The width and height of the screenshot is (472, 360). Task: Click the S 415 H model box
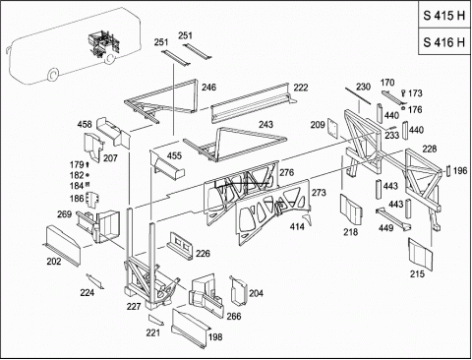coord(444,15)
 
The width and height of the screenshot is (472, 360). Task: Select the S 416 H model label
coord(444,42)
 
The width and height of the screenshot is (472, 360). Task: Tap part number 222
coord(301,88)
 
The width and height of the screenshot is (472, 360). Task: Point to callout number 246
coord(208,87)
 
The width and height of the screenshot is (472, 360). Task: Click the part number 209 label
coord(318,125)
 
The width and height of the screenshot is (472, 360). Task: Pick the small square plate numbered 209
coord(333,129)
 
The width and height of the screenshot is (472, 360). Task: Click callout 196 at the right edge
coord(460,170)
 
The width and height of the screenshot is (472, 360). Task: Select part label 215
coord(417,273)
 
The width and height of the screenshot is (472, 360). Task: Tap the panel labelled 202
coord(62,245)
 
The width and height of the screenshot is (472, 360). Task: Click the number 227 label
coord(134,306)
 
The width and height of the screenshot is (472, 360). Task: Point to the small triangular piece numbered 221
coord(155,320)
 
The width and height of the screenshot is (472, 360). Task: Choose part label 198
coord(215,336)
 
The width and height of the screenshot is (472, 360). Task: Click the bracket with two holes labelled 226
coord(180,246)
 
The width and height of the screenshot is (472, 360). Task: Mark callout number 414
coord(297,226)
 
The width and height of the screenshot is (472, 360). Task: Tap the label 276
coord(287,172)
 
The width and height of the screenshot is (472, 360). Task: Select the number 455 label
coord(174,155)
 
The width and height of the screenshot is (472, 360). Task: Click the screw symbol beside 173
coord(403,93)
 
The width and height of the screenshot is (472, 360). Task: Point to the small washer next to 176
coord(403,108)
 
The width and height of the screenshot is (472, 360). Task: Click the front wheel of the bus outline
coord(52,75)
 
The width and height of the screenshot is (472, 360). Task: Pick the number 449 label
coord(385,227)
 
